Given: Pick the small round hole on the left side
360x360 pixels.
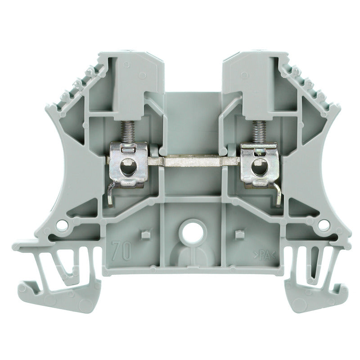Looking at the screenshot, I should [63, 224].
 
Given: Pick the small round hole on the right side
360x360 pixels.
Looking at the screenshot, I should [323, 224].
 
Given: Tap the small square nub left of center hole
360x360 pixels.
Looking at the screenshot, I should [144, 234].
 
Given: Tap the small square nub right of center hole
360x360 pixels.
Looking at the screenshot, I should [238, 234].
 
